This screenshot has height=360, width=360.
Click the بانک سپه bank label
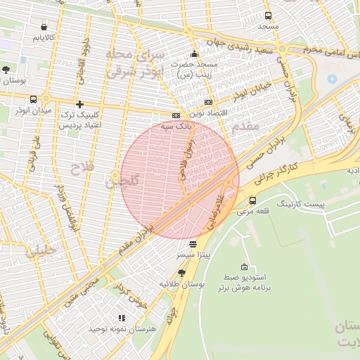coord(176,126)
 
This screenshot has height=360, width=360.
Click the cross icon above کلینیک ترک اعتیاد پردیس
coord(79,104)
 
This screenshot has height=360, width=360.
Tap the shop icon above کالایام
coord(44,27)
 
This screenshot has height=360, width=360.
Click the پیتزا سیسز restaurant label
coord(193,254)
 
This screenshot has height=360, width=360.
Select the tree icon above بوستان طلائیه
coord(181,273)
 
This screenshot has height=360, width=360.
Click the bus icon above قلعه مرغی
coord(252,200)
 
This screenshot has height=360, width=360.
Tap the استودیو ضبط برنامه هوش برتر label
coord(243,283)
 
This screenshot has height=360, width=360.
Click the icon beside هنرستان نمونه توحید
coord(121,318)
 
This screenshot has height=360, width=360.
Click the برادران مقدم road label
coord(141,233)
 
